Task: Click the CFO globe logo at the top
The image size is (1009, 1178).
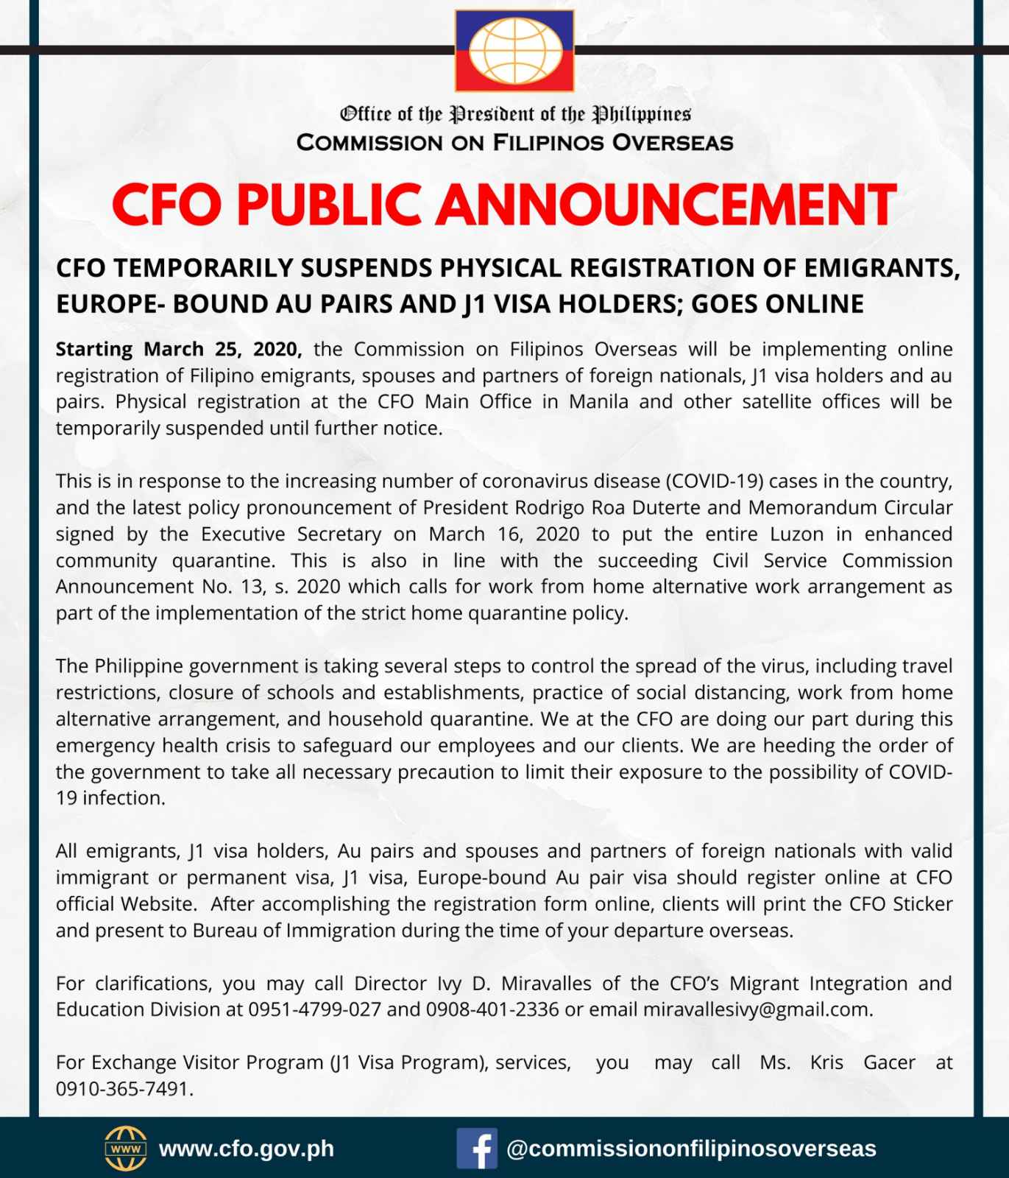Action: (514, 51)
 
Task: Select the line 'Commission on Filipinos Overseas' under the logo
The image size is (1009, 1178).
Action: (514, 143)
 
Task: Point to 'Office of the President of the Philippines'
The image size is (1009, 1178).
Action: (514, 114)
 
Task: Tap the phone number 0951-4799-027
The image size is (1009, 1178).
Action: (314, 1009)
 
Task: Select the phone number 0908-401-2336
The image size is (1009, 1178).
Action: (492, 1009)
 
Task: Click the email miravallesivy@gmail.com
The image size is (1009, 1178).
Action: (757, 1009)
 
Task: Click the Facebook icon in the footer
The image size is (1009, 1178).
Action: (476, 1149)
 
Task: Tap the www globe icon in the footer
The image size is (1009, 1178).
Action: (126, 1149)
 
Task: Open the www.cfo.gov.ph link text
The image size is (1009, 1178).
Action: (247, 1149)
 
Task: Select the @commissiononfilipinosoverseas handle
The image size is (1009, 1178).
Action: (691, 1149)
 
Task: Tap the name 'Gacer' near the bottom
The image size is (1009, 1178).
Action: (889, 1062)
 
